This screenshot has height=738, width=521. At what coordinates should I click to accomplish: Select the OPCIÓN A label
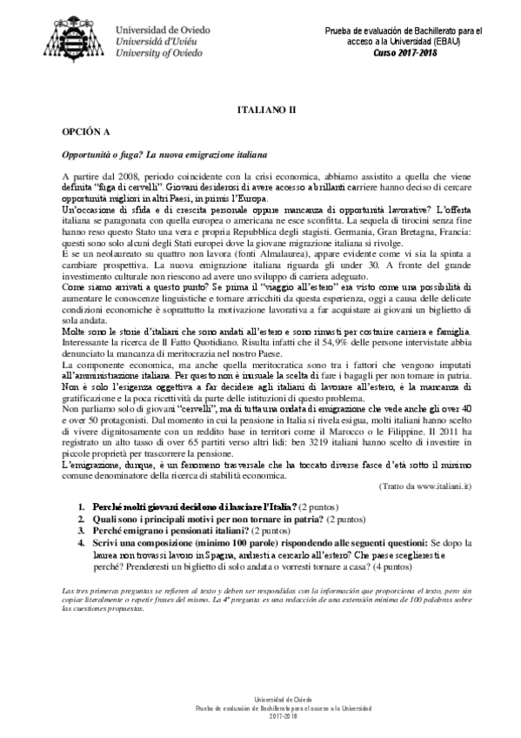(x=84, y=135)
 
